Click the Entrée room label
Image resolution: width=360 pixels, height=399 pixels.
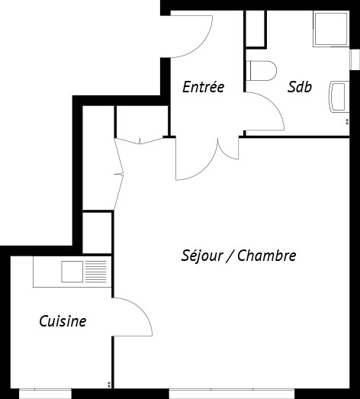pyautogui.click(x=204, y=87)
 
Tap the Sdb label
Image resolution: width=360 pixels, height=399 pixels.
pyautogui.click(x=300, y=87)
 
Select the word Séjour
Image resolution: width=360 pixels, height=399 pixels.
pyautogui.click(x=202, y=256)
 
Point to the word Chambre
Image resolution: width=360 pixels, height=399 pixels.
pyautogui.click(x=267, y=256)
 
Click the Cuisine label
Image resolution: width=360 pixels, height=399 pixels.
pyautogui.click(x=63, y=321)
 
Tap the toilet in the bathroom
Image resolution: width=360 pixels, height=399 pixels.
pyautogui.click(x=262, y=71)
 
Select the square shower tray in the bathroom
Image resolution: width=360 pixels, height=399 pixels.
pyautogui.click(x=331, y=29)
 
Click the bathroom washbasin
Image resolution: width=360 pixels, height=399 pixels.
pyautogui.click(x=339, y=97)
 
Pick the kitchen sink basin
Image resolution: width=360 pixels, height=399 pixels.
pyautogui.click(x=72, y=272)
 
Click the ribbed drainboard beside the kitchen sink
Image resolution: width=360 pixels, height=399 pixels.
pyautogui.click(x=96, y=272)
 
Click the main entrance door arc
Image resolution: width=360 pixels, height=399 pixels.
pyautogui.click(x=201, y=45)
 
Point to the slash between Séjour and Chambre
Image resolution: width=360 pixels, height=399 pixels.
pyautogui.click(x=230, y=256)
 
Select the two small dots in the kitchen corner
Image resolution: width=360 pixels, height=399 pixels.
pyautogui.click(x=109, y=385)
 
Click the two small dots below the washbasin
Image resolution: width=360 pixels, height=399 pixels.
pyautogui.click(x=347, y=121)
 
